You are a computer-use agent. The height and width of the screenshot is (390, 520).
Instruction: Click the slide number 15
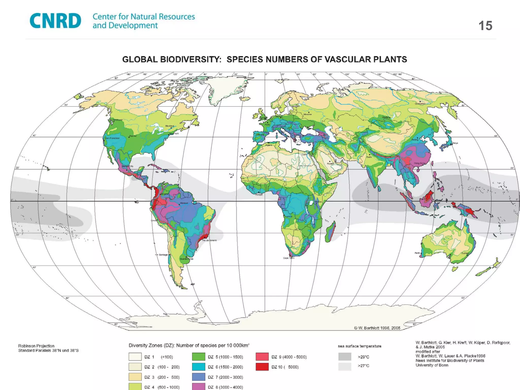(485, 26)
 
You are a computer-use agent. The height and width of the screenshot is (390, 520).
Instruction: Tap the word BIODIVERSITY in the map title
(191, 59)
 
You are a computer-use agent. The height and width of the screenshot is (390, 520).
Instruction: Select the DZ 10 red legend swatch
(262, 367)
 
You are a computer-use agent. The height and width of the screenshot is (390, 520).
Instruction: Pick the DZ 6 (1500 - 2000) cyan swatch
(199, 367)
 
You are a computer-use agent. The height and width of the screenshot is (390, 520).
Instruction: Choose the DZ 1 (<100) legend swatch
(135, 357)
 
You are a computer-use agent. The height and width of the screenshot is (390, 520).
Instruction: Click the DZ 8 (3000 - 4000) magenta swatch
(199, 387)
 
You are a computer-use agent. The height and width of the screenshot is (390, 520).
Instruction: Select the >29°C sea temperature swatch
(345, 357)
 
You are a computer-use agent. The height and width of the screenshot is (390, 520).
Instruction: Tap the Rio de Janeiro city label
(209, 240)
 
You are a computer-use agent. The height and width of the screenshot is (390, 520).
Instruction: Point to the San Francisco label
(112, 138)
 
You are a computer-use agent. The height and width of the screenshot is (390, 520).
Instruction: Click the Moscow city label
(307, 115)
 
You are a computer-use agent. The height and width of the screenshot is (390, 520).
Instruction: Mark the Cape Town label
(289, 258)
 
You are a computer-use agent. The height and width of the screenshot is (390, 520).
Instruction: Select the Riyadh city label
(330, 164)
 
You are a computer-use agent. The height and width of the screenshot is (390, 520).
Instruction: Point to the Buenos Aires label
(187, 259)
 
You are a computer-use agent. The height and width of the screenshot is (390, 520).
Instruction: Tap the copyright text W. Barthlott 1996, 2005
(377, 328)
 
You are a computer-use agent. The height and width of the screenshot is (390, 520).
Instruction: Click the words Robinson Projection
(36, 346)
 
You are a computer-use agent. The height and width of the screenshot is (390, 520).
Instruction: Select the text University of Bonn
(432, 365)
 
